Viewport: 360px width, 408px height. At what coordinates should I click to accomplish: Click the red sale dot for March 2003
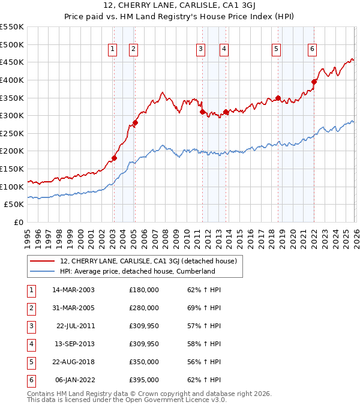(114, 158)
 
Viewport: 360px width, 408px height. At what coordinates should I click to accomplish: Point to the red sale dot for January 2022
(314, 82)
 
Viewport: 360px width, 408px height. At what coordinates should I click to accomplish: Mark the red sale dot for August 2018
(278, 98)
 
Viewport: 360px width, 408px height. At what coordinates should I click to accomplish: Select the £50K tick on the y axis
(14, 205)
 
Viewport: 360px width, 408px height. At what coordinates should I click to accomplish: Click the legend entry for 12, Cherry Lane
(149, 261)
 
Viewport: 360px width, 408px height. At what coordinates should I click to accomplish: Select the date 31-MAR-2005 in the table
(73, 308)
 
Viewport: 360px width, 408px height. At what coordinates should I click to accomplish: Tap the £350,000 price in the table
(144, 362)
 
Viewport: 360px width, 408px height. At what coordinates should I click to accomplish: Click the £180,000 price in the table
(144, 290)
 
